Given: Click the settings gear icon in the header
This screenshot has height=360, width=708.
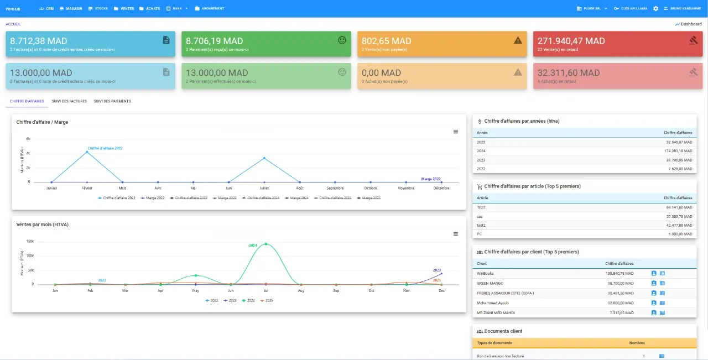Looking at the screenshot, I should pyautogui.click(x=655, y=9).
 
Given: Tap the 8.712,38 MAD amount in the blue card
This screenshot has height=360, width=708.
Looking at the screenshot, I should pyautogui.click(x=39, y=41).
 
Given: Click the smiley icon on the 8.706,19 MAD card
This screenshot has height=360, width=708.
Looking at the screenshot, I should pyautogui.click(x=342, y=40).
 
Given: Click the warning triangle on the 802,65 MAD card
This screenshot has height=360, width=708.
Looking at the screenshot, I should pyautogui.click(x=518, y=40).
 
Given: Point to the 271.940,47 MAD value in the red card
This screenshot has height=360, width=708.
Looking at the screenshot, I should pyautogui.click(x=571, y=41).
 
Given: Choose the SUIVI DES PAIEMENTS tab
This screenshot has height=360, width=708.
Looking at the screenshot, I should pyautogui.click(x=112, y=101).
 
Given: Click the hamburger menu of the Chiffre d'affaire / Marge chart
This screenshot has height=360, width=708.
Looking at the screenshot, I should pyautogui.click(x=456, y=132).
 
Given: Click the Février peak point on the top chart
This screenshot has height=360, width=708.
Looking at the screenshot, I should pyautogui.click(x=87, y=152).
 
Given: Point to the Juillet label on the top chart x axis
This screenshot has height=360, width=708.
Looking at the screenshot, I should pyautogui.click(x=264, y=188).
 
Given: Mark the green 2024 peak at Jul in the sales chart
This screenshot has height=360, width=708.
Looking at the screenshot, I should pyautogui.click(x=266, y=244).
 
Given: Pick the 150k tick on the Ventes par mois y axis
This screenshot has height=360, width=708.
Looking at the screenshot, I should pyautogui.click(x=30, y=242).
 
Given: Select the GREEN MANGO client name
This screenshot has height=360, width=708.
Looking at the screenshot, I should pyautogui.click(x=489, y=283).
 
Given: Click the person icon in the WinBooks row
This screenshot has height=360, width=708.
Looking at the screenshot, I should pyautogui.click(x=653, y=273).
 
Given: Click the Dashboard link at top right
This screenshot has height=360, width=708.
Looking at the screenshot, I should pyautogui.click(x=688, y=24).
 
